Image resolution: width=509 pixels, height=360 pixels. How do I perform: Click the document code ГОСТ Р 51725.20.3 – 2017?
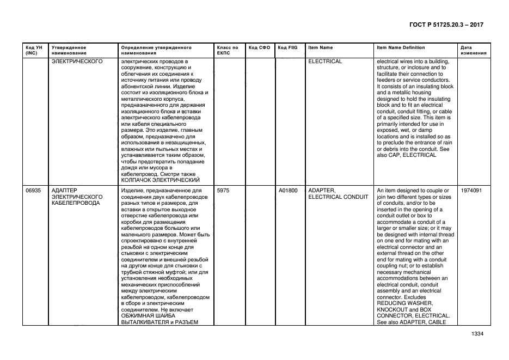pyautogui.click(x=446, y=25)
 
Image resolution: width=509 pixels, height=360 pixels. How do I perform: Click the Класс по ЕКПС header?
pyautogui.click(x=227, y=50)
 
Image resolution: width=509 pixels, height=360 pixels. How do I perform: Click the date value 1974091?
pyautogui.click(x=471, y=191)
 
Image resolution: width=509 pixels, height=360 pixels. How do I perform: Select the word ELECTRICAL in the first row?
pyautogui.click(x=325, y=62)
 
